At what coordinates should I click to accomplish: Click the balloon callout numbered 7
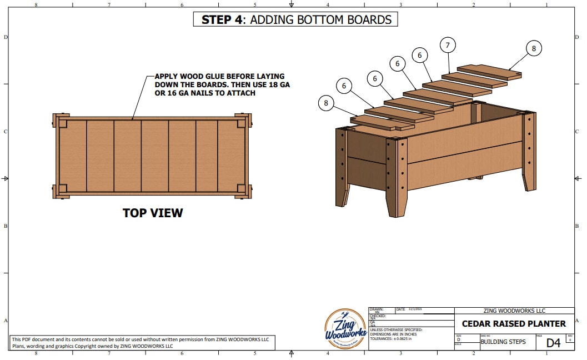click(x=448, y=44)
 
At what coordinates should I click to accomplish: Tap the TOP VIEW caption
click(x=153, y=213)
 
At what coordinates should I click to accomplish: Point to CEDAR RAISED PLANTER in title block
click(x=514, y=323)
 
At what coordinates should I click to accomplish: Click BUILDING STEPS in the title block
click(x=503, y=342)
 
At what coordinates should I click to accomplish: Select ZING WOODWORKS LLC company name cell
click(x=514, y=311)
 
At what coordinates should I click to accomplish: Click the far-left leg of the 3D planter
click(x=342, y=167)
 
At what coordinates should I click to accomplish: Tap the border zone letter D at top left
click(x=6, y=37)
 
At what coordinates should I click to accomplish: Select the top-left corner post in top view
click(x=60, y=121)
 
